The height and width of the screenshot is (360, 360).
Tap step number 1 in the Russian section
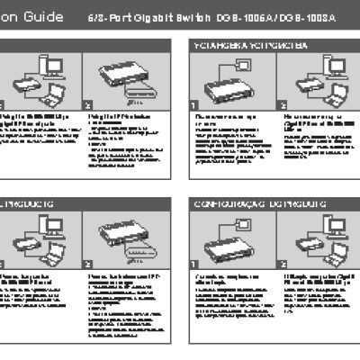coord(193,105)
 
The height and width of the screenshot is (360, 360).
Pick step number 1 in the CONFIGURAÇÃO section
coord(193,265)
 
